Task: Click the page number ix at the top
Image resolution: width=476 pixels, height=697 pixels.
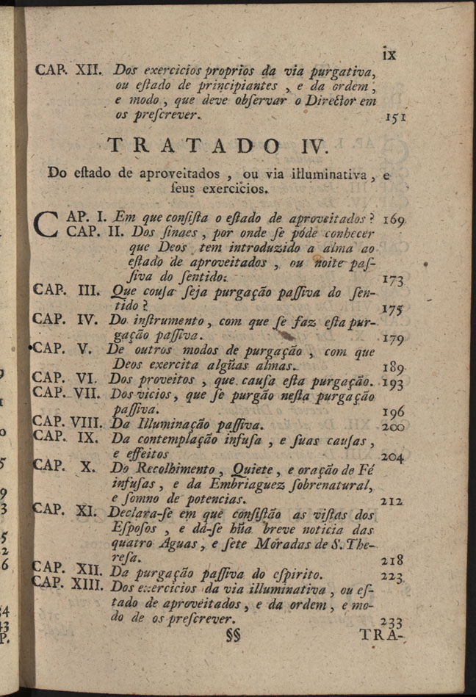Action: pos(387,54)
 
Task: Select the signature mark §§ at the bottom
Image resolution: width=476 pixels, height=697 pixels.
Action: pos(234,636)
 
